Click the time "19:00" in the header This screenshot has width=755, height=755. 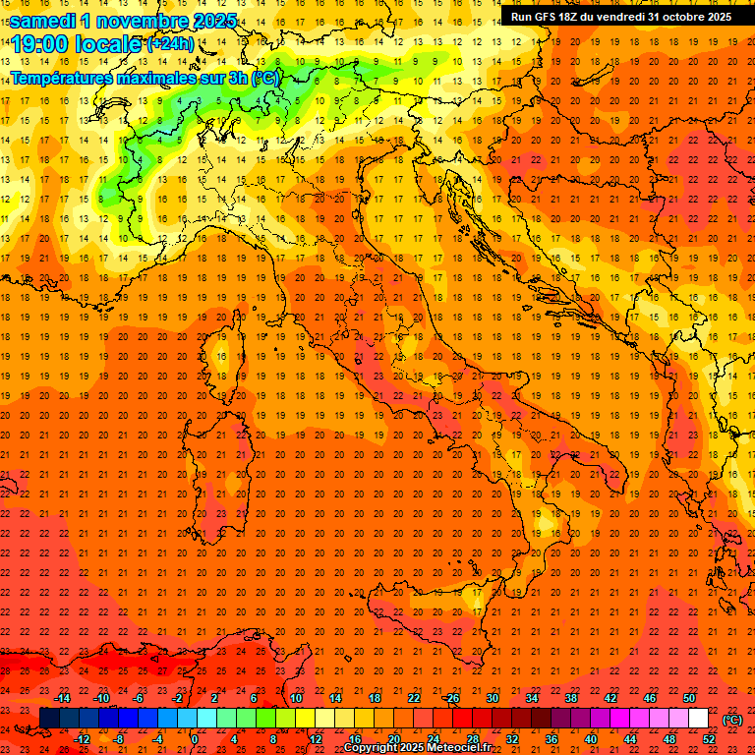point(38,43)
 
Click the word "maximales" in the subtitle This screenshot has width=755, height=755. point(156,78)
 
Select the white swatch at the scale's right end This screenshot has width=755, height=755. point(698,719)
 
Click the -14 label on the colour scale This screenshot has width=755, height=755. point(62,698)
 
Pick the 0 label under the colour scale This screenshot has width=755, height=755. point(195,739)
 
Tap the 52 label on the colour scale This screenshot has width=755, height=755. point(709,739)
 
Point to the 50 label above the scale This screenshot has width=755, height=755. point(689,698)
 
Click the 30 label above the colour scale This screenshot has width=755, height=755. point(493,698)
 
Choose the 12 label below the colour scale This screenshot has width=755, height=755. point(316,739)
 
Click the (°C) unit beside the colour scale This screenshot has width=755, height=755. point(732,719)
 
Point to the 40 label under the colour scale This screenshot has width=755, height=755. point(591,739)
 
